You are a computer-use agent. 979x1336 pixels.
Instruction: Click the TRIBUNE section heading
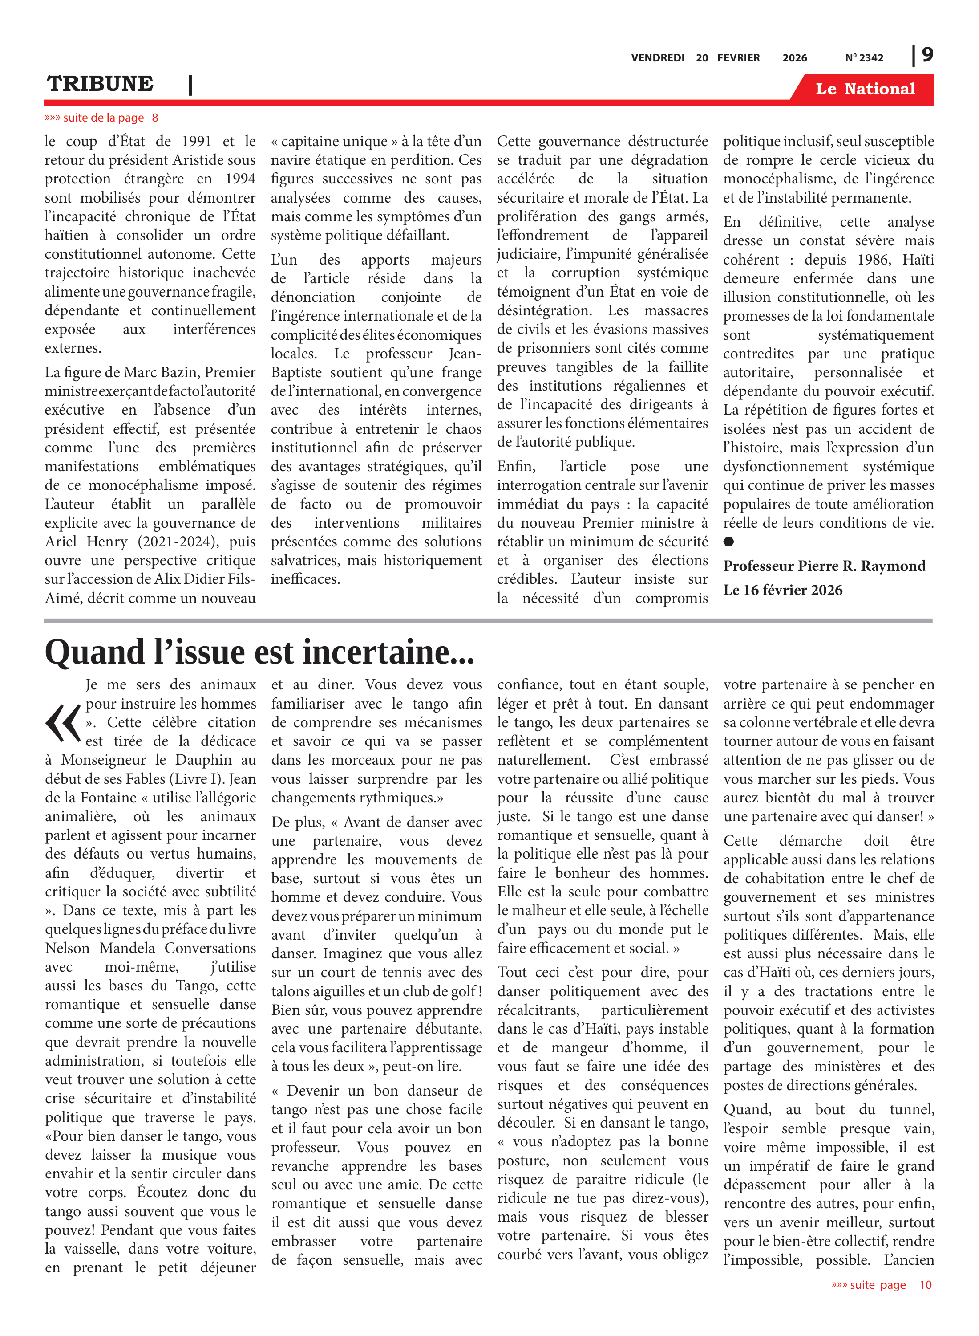100,84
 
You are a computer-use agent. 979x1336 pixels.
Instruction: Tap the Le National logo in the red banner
865,89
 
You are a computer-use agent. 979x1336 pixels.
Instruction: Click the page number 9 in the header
927,55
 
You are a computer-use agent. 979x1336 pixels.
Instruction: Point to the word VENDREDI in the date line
657,58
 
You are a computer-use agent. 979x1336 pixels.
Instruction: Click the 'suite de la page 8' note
101,118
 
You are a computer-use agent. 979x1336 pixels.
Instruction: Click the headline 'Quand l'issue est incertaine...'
259,652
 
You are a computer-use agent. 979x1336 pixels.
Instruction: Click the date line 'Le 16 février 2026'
782,590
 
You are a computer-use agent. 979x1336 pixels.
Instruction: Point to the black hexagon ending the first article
729,542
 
